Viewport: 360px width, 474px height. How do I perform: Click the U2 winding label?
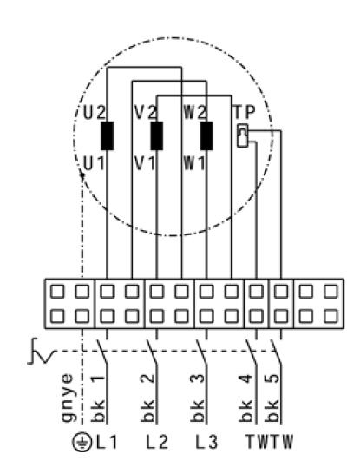[95, 113]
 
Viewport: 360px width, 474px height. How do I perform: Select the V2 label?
[146, 113]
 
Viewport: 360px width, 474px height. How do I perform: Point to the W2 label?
[195, 113]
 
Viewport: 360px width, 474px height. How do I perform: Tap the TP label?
[245, 113]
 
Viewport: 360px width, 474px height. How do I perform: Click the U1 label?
[94, 164]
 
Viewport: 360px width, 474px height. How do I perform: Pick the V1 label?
[145, 164]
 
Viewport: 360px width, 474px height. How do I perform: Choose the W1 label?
[194, 164]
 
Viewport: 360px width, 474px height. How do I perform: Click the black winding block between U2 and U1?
[108, 136]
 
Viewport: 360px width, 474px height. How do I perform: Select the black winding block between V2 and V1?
[157, 136]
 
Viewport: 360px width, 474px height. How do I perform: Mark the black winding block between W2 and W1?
[206, 136]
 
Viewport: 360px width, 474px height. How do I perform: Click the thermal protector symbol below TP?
[243, 135]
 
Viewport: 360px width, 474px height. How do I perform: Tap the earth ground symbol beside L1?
[82, 442]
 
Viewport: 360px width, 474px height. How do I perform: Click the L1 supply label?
[107, 442]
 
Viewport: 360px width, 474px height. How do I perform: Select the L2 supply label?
[157, 442]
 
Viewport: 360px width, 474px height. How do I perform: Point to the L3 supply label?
[206, 442]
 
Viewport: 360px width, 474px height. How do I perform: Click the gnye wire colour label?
[68, 398]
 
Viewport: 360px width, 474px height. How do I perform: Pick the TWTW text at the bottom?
[269, 442]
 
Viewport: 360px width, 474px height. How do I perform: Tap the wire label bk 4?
[246, 398]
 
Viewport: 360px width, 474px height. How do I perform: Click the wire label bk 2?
[147, 398]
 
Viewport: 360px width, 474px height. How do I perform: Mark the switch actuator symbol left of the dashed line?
[41, 352]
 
